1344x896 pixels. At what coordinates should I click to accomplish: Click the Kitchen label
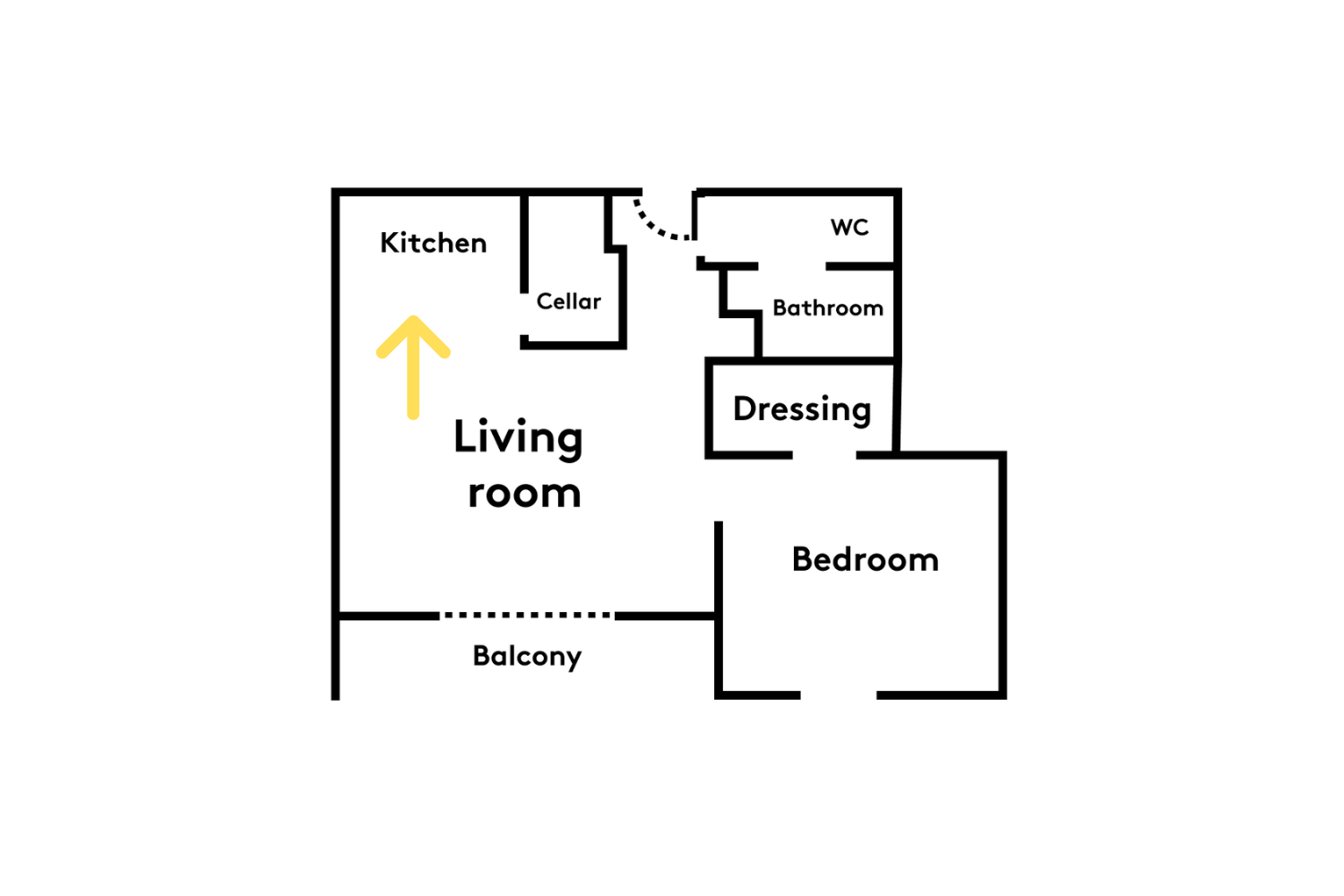(433, 243)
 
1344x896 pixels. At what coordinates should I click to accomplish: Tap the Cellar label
(568, 301)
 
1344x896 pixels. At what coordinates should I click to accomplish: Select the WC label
(849, 227)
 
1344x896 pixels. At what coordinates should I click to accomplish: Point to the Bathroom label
(827, 308)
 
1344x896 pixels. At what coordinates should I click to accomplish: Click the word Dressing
(802, 410)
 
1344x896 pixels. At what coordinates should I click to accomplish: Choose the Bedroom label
(866, 559)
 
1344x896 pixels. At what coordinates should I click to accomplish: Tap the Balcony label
(527, 657)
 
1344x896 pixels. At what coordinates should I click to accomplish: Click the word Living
(518, 439)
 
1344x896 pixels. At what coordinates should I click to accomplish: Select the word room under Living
(524, 494)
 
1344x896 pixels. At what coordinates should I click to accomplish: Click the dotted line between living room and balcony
(527, 616)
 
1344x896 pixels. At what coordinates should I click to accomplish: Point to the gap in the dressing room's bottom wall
(824, 455)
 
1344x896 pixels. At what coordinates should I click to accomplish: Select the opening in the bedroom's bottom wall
(838, 695)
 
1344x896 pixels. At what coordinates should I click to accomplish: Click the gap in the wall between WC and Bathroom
(792, 266)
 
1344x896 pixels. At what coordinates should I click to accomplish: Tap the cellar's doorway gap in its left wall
(524, 314)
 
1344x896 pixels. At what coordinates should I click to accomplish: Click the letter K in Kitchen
(389, 243)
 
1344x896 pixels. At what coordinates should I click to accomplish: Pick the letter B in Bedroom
(802, 559)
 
